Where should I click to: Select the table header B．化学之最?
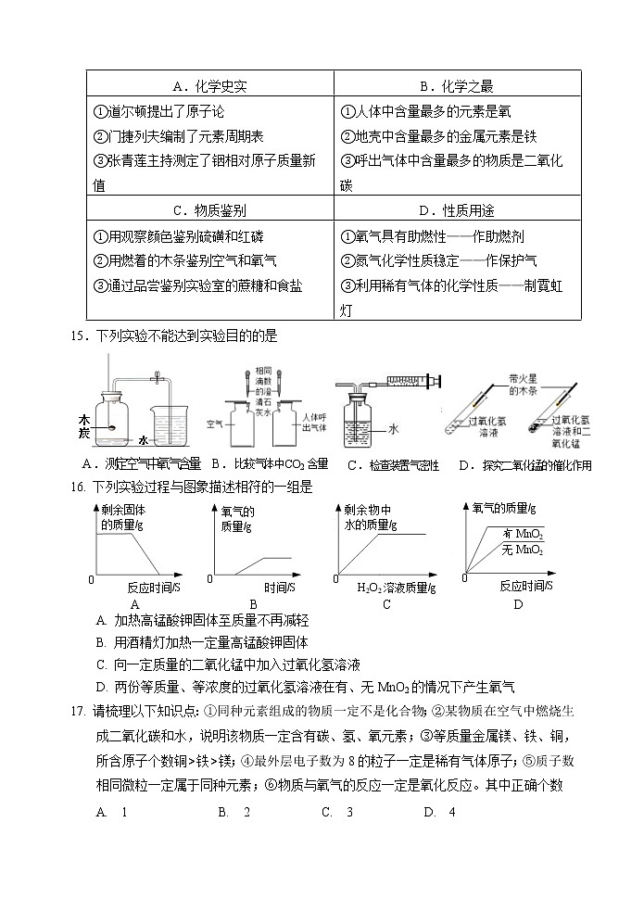tap(457, 86)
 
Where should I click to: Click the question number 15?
tap(78, 335)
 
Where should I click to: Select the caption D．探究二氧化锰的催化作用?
tap(524, 466)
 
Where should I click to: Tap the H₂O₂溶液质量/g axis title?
tap(396, 588)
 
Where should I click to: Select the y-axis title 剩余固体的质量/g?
tap(120, 519)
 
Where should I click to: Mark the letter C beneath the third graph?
tap(385, 605)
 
